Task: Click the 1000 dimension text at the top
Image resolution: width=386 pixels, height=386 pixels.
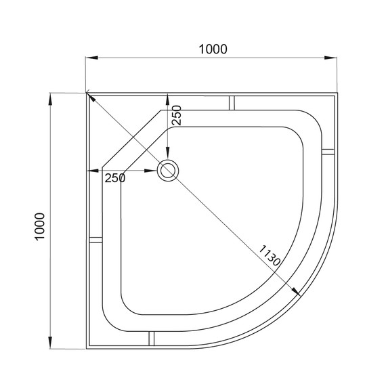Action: (213, 49)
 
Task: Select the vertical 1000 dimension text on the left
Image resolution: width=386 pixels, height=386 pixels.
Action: (40, 224)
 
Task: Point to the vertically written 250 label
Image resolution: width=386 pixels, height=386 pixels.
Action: (176, 116)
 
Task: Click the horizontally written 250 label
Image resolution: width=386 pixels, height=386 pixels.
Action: (115, 178)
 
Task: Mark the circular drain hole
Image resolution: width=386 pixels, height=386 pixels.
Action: (167, 170)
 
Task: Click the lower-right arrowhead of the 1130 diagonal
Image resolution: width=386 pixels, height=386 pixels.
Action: (295, 292)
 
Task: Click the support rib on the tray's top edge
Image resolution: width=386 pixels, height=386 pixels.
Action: (232, 102)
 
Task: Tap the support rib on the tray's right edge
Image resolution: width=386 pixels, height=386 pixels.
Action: (328, 150)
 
